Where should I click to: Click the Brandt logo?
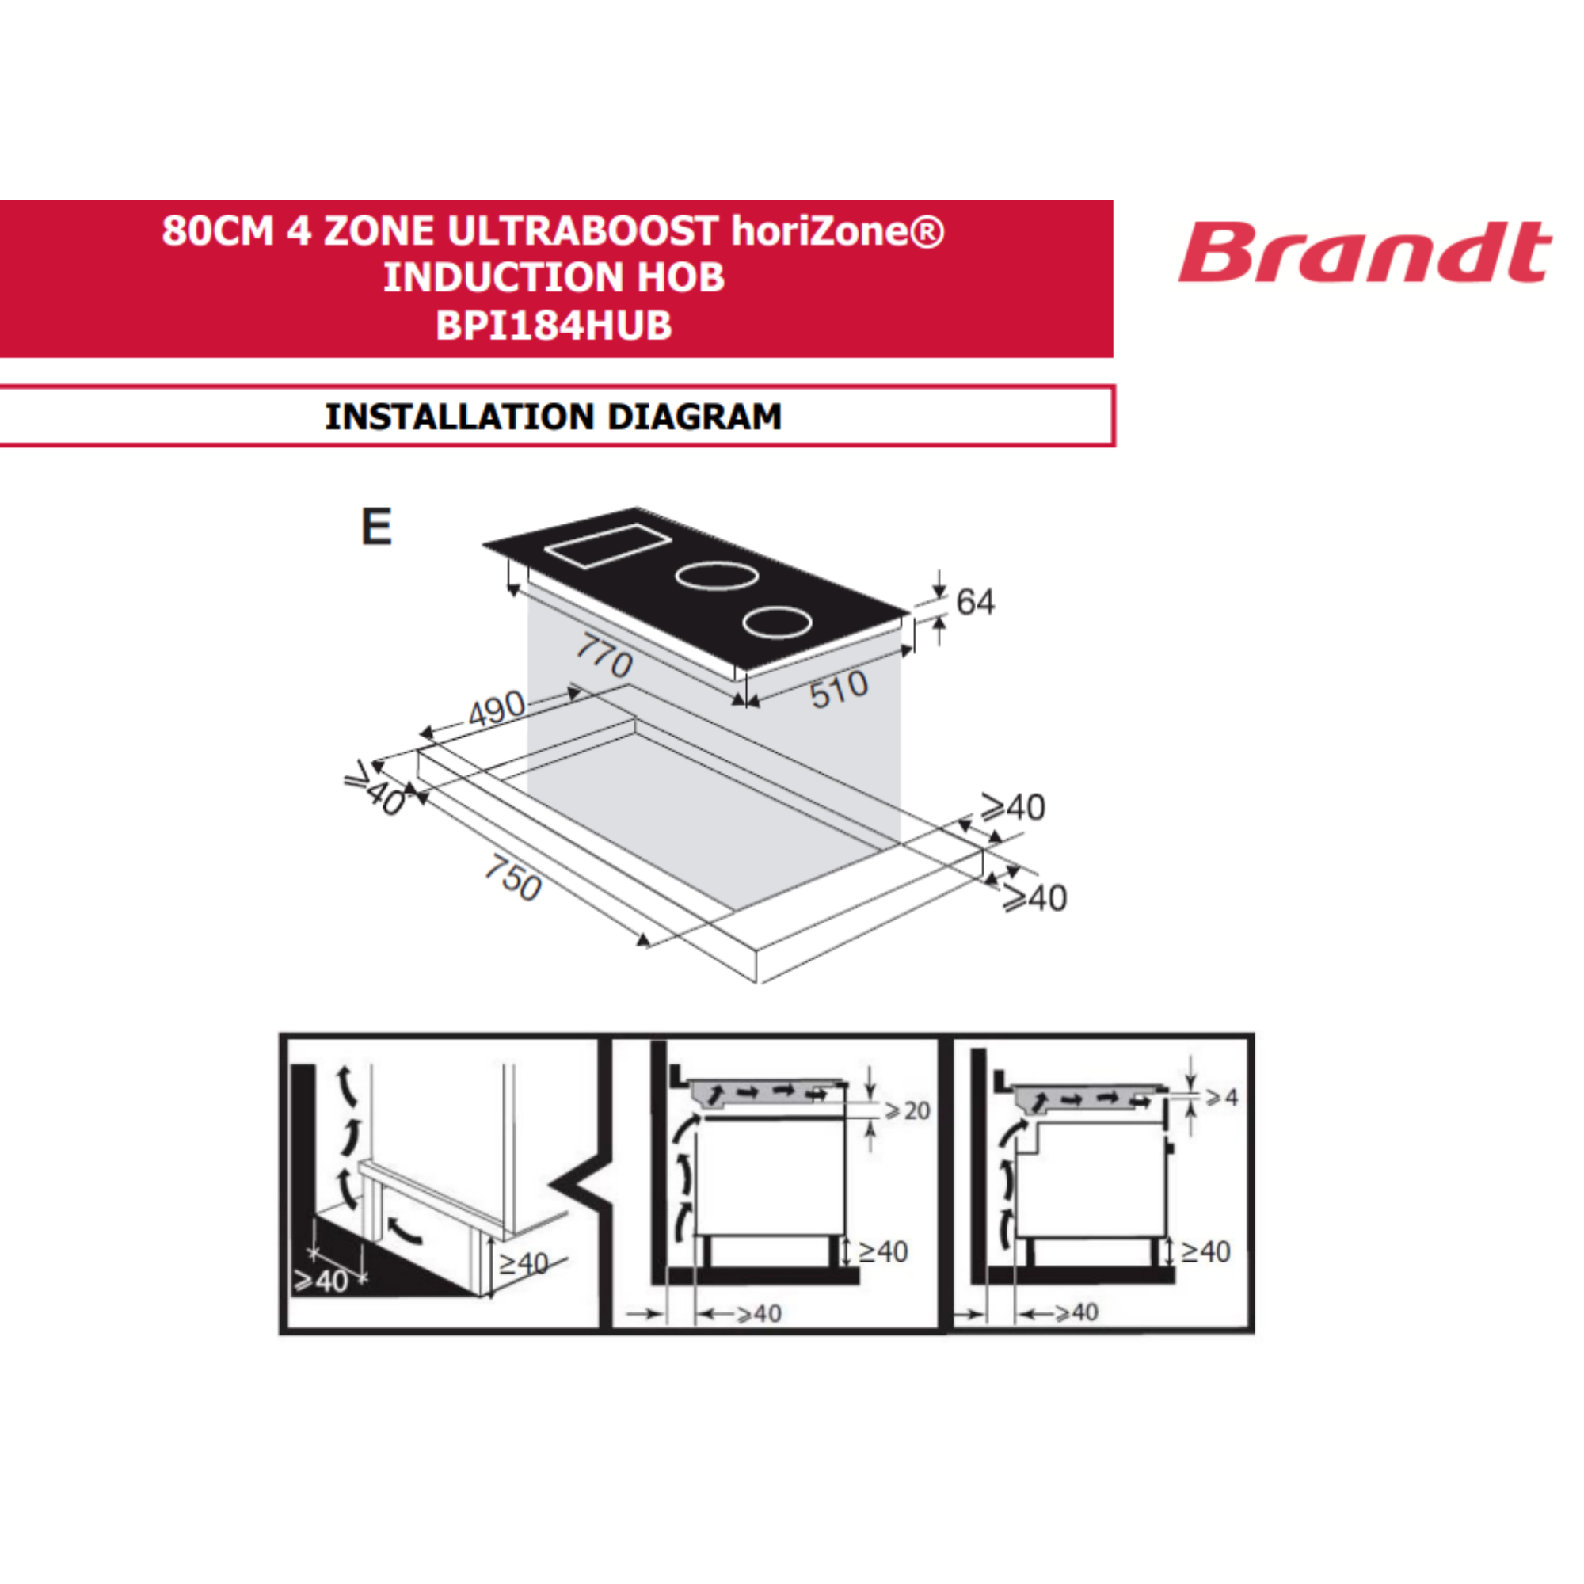click(1365, 253)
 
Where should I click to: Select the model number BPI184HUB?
click(554, 326)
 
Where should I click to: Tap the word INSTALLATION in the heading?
click(460, 417)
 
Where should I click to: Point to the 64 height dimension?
click(975, 603)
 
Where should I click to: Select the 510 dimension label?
click(839, 689)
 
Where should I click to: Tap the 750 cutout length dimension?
click(513, 878)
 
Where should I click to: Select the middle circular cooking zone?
click(716, 576)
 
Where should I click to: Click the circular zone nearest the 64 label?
click(777, 623)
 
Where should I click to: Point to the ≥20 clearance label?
click(908, 1111)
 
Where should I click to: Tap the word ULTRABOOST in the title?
click(583, 230)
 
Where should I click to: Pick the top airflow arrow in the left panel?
click(348, 1086)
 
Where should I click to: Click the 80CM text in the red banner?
click(217, 230)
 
